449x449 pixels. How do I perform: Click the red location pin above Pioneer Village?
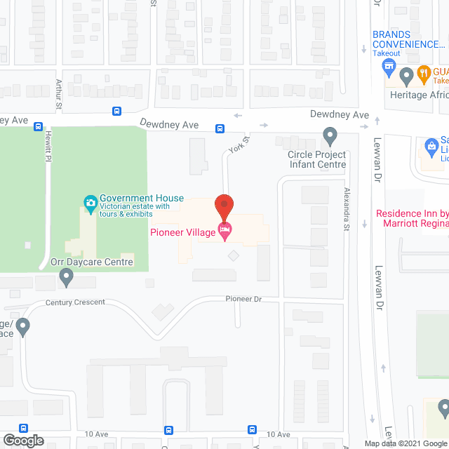click(224, 206)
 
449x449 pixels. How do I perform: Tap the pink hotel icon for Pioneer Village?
click(224, 232)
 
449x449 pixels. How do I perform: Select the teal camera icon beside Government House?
click(90, 203)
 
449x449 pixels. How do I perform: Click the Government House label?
click(141, 199)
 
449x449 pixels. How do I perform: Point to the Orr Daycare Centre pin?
click(67, 278)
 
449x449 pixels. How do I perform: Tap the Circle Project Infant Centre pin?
click(330, 135)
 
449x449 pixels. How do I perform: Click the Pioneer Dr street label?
click(243, 299)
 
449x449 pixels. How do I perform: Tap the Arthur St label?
click(59, 94)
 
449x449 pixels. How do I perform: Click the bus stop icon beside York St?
click(220, 128)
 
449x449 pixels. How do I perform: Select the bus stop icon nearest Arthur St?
click(116, 111)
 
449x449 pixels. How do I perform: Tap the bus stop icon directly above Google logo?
click(23, 429)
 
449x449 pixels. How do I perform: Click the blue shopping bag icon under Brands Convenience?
click(387, 67)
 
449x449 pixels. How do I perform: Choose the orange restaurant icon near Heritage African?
click(424, 72)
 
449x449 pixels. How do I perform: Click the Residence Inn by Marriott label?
click(413, 218)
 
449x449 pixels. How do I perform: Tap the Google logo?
click(23, 441)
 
